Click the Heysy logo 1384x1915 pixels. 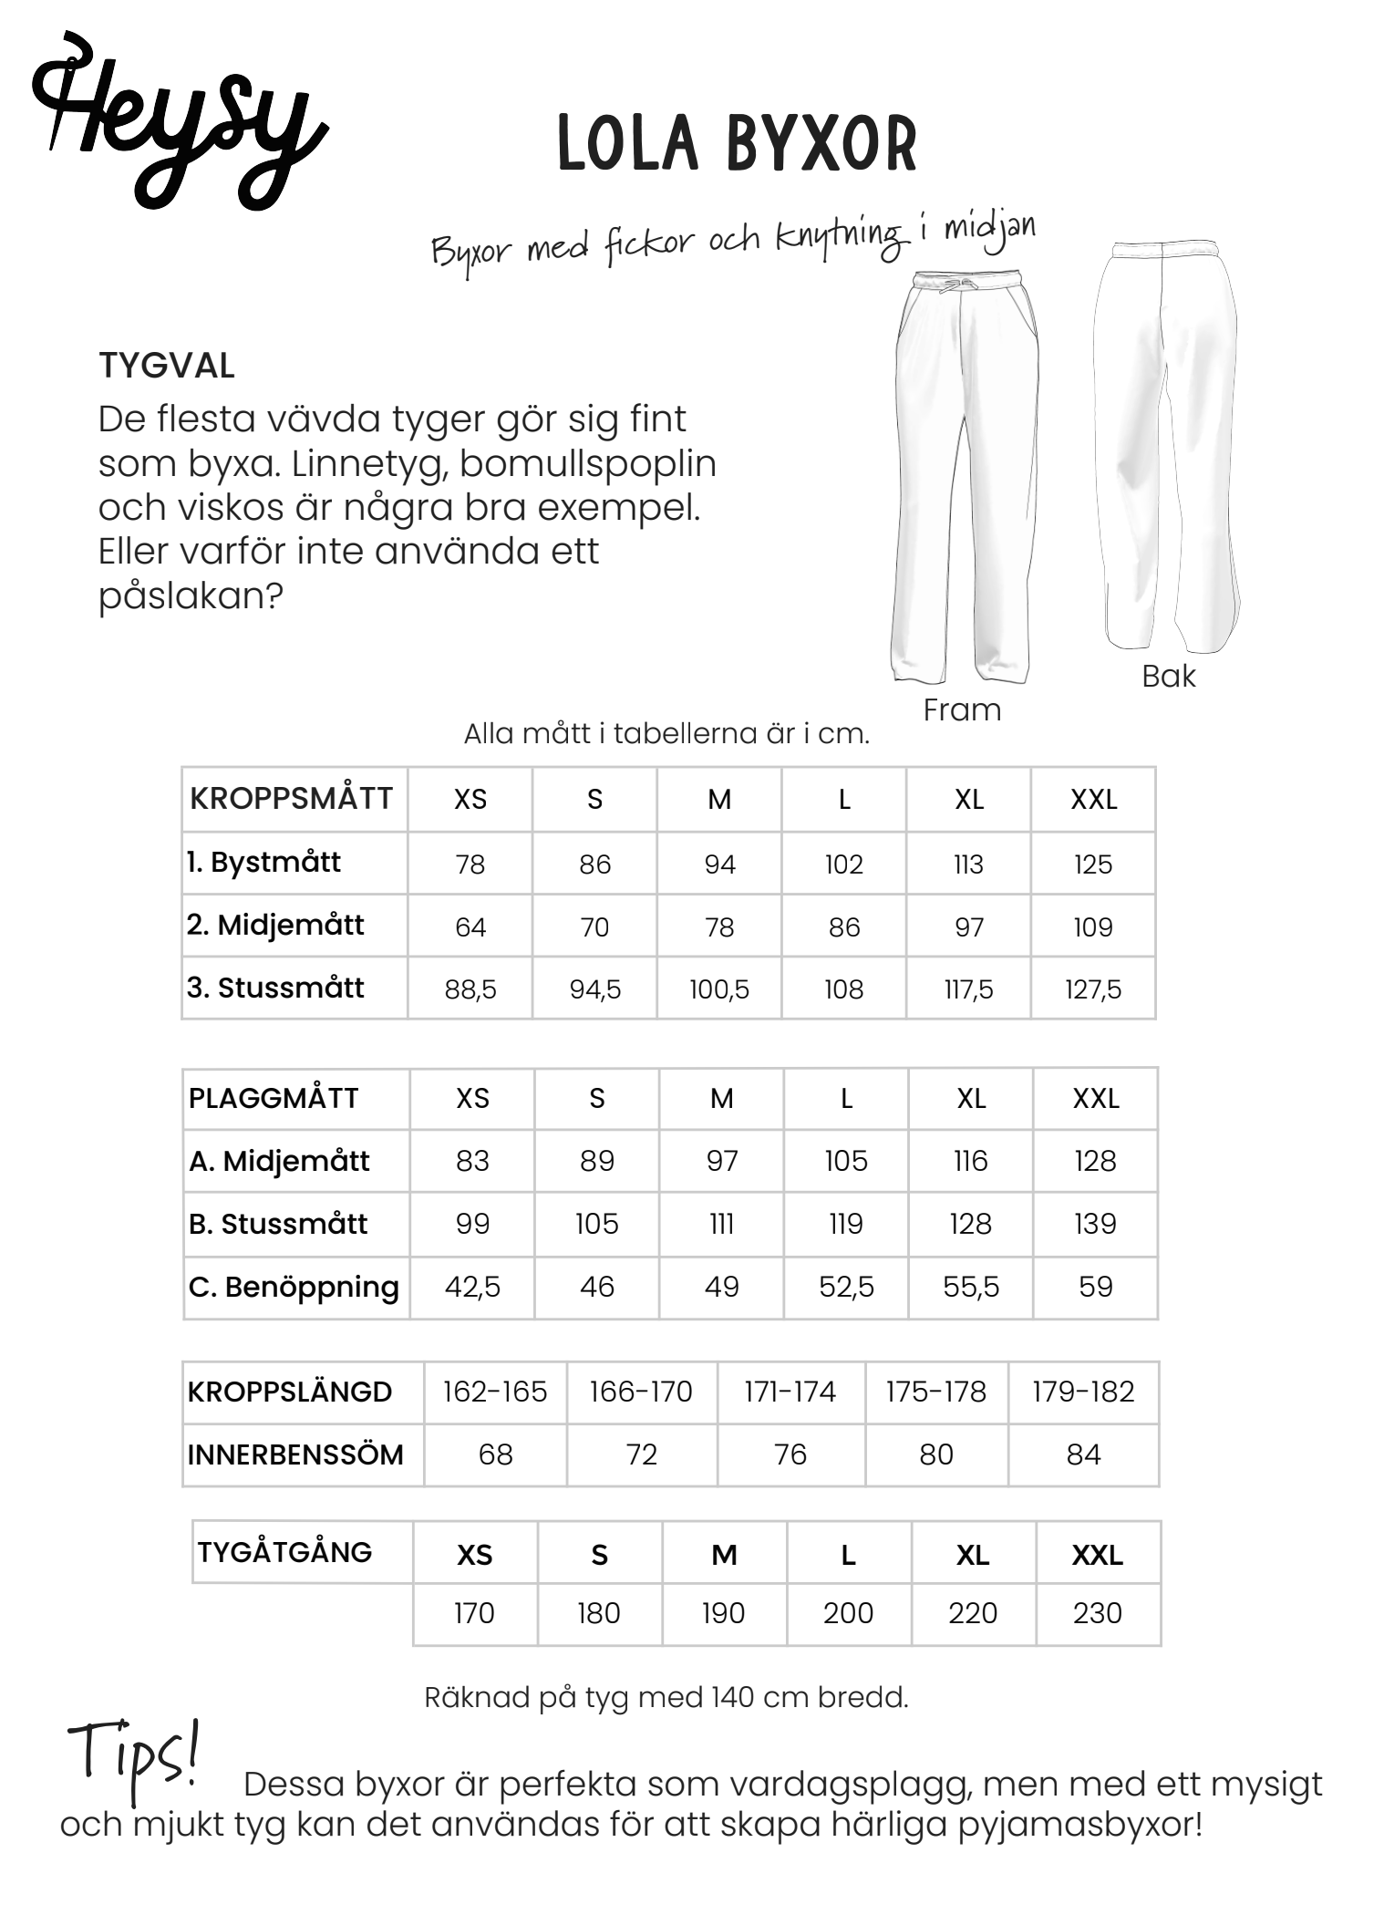[x=178, y=123]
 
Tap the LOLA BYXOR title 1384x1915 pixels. [x=737, y=144]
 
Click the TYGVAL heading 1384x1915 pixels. [x=167, y=366]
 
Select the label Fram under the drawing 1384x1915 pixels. [x=962, y=709]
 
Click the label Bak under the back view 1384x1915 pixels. [x=1168, y=676]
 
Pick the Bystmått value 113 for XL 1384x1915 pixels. [x=968, y=864]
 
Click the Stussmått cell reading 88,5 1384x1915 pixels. [x=470, y=989]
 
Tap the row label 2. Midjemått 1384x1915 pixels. [x=275, y=926]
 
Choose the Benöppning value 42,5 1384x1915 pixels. [x=472, y=1287]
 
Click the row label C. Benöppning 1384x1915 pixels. [x=294, y=1287]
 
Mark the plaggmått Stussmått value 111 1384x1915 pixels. [x=721, y=1224]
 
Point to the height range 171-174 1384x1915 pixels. [x=790, y=1392]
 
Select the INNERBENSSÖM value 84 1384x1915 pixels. [x=1083, y=1454]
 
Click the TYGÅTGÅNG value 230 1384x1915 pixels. [x=1097, y=1613]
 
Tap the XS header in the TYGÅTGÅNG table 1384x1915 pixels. [x=474, y=1555]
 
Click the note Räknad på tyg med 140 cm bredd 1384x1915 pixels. [x=666, y=1698]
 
